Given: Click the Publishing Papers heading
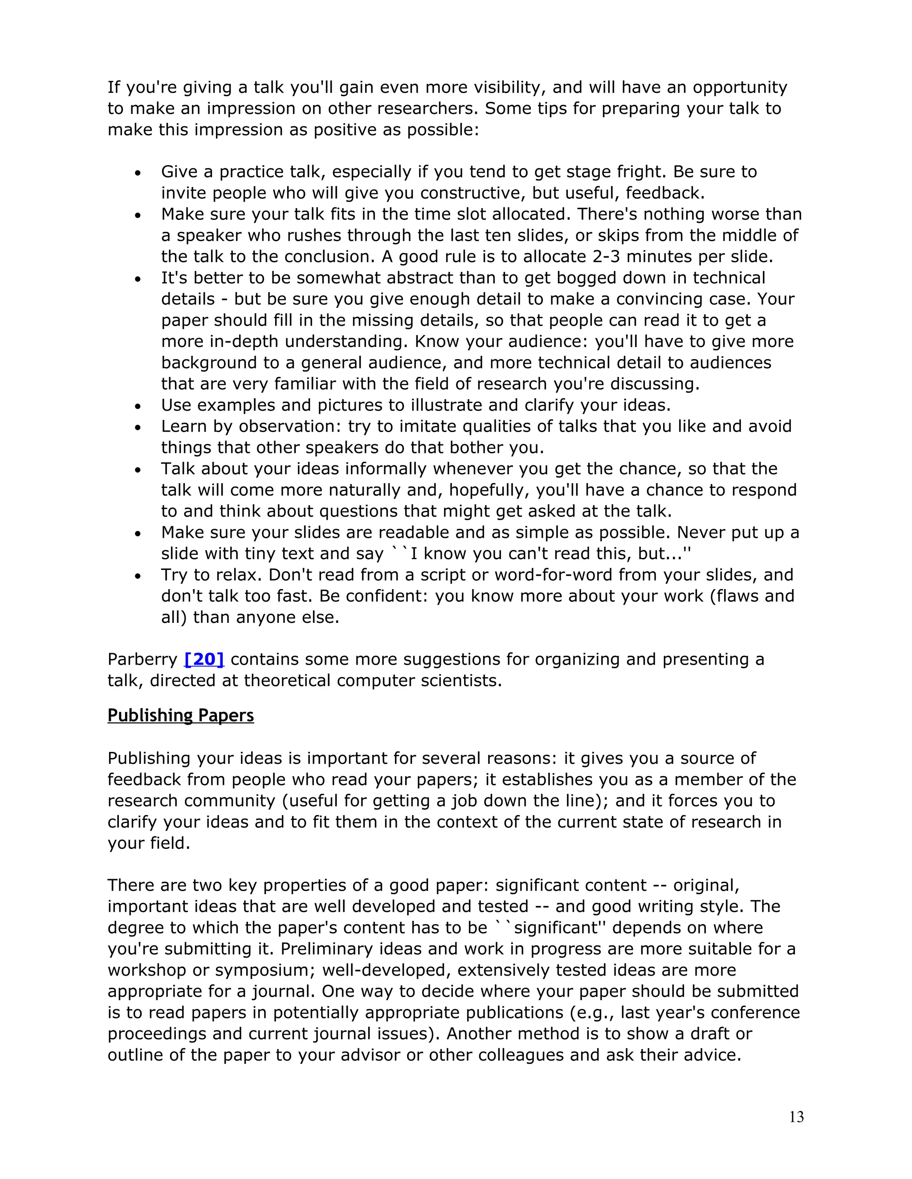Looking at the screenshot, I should click(x=180, y=715).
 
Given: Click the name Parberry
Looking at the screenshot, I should click(x=142, y=659).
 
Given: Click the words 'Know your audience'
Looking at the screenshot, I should click(x=494, y=341).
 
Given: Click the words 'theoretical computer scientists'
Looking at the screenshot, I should click(x=370, y=680).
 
